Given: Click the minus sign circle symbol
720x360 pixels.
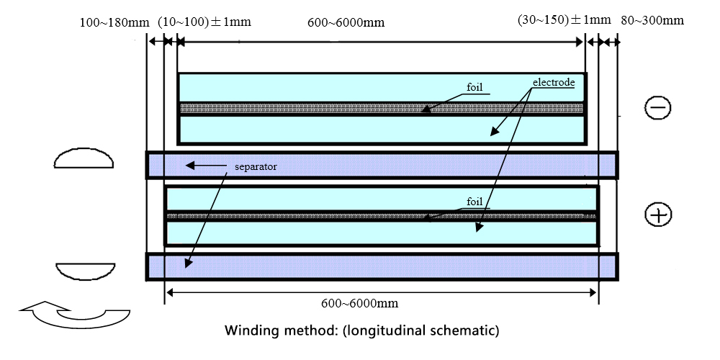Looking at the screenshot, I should pyautogui.click(x=657, y=108).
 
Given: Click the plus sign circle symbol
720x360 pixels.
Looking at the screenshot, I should pyautogui.click(x=657, y=215).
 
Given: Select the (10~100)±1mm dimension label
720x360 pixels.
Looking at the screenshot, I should pyautogui.click(x=204, y=21).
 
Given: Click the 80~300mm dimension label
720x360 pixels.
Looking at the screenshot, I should pyautogui.click(x=652, y=20).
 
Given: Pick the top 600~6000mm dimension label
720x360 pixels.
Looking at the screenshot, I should pyautogui.click(x=346, y=22).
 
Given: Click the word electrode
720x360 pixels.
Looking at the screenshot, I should pyautogui.click(x=554, y=82).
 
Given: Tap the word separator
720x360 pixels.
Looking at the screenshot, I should pyautogui.click(x=256, y=166).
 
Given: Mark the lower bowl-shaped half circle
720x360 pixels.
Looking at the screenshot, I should pyautogui.click(x=84, y=271).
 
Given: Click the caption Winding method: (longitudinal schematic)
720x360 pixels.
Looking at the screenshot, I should pyautogui.click(x=361, y=332).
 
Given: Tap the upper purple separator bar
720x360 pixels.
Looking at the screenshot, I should pyautogui.click(x=382, y=165).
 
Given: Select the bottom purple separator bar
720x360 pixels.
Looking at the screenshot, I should pyautogui.click(x=382, y=266).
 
